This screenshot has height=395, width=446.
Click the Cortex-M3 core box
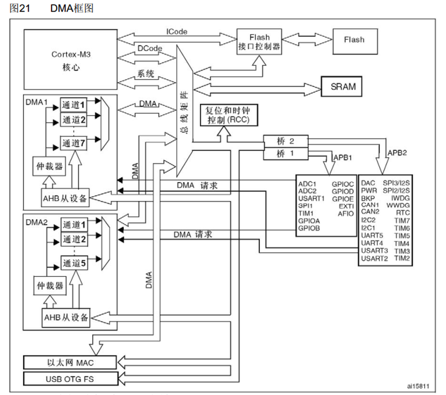tap(71, 60)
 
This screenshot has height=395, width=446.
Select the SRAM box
tap(343, 87)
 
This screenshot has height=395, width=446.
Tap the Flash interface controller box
tap(259, 42)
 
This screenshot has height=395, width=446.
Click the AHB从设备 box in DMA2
tap(66, 317)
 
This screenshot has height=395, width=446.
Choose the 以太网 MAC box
tap(71, 362)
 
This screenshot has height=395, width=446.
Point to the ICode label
tap(177, 32)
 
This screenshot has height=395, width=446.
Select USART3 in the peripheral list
tap(374, 250)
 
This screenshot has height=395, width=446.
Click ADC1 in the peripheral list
tap(307, 183)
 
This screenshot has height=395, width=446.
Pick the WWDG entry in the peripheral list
tap(401, 205)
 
